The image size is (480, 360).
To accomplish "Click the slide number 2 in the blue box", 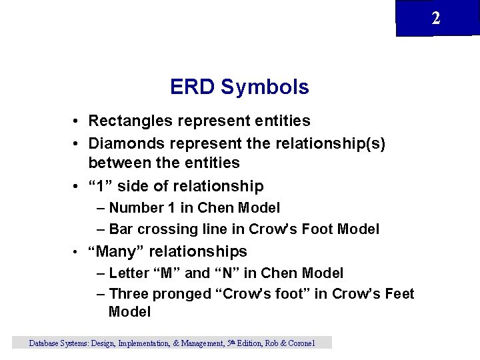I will coord(436,18).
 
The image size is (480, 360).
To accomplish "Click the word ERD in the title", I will coord(193,87).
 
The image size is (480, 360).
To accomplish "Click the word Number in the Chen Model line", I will coord(137,208).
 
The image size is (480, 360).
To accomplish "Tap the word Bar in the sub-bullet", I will coord(121,229).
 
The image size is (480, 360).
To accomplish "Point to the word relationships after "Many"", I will coord(198,251).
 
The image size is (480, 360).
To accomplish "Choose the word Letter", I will coord(129,273).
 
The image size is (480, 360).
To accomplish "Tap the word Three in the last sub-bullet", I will coord(129,294).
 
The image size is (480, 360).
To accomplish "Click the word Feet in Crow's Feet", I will coord(399,294).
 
